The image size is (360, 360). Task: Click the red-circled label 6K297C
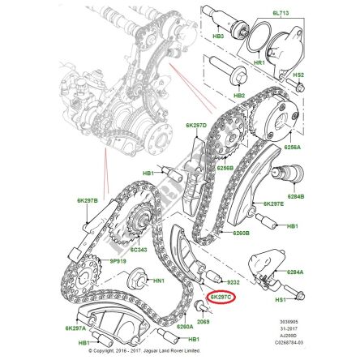(221, 298)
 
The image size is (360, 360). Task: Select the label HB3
(218, 36)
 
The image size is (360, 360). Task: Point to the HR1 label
(260, 62)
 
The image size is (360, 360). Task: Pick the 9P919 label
(96, 262)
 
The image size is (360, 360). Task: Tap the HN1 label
(159, 280)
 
